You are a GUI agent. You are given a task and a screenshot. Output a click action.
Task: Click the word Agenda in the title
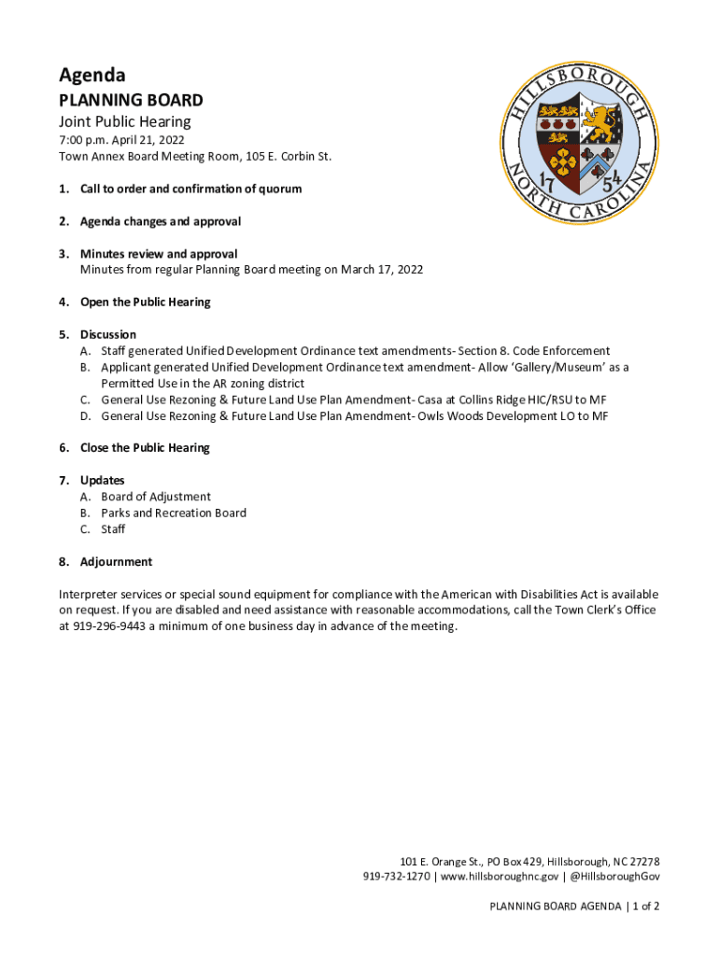92,76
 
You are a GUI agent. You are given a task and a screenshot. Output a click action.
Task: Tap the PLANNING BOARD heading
131,100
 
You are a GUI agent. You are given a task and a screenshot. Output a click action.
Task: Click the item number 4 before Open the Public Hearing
63,302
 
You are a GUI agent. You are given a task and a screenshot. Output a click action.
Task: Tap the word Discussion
108,334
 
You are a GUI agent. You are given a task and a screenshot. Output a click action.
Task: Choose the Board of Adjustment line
156,497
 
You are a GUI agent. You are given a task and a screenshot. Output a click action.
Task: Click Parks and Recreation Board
174,513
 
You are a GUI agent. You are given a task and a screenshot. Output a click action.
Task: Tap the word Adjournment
116,562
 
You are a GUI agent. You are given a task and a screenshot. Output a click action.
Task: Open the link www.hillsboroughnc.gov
500,877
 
